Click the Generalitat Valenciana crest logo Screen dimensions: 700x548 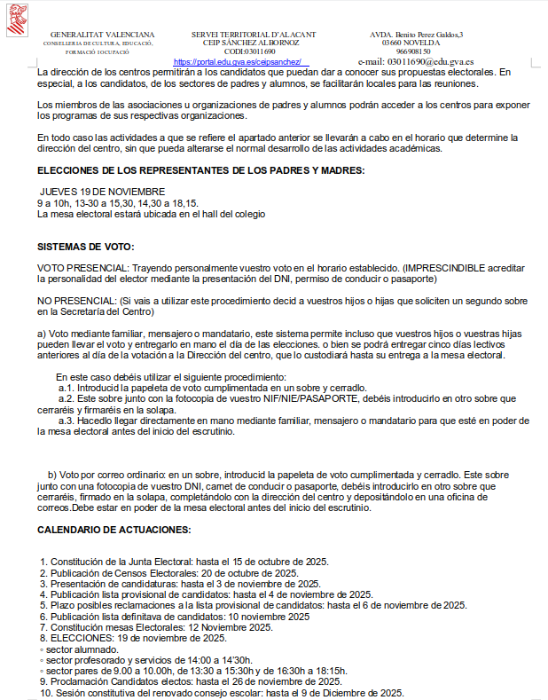(x=17, y=20)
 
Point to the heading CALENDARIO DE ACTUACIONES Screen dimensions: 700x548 (x=114, y=530)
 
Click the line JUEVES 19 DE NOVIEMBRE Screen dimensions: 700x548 (x=103, y=192)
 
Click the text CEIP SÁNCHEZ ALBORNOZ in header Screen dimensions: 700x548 (x=254, y=43)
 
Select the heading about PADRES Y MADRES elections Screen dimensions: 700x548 (x=201, y=170)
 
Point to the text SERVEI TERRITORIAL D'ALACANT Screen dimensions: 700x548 (x=254, y=34)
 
